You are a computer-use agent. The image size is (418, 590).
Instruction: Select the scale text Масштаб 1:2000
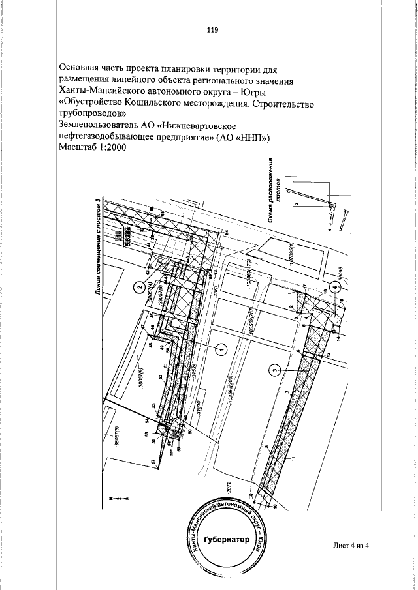[x=92, y=148]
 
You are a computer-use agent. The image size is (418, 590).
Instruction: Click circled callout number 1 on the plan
[x=220, y=350]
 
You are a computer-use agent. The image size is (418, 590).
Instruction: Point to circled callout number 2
[x=138, y=286]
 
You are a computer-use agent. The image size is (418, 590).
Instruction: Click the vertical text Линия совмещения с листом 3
[x=97, y=248]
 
